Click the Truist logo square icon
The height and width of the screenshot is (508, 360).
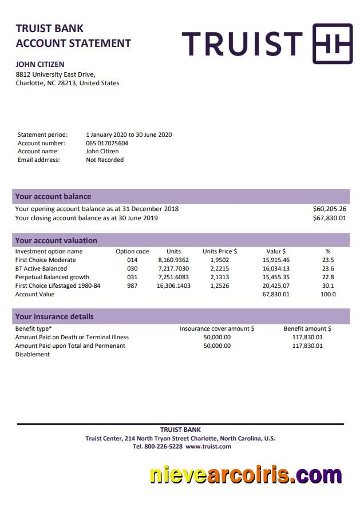[332, 43]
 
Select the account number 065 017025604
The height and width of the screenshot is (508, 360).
[107, 144]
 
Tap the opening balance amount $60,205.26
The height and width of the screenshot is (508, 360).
[330, 209]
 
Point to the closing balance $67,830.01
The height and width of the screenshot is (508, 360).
[330, 218]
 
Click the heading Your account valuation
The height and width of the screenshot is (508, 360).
[56, 241]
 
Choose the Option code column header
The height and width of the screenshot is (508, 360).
[132, 252]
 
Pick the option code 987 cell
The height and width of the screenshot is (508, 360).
[132, 286]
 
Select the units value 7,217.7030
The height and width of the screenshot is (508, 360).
[173, 269]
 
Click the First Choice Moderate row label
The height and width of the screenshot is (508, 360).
[45, 260]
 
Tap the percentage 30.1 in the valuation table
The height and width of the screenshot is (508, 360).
[328, 286]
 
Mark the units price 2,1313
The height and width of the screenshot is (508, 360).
[220, 277]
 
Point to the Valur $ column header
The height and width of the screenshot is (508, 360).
[276, 252]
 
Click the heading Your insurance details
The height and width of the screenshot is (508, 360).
[54, 317]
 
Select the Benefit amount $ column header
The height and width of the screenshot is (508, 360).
[307, 329]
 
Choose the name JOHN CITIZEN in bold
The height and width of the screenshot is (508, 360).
[40, 65]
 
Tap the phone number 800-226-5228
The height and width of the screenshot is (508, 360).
[163, 447]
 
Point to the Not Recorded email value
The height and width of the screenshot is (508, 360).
[105, 160]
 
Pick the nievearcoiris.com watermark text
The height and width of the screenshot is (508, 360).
[246, 475]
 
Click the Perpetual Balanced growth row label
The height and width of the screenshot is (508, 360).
[52, 277]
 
